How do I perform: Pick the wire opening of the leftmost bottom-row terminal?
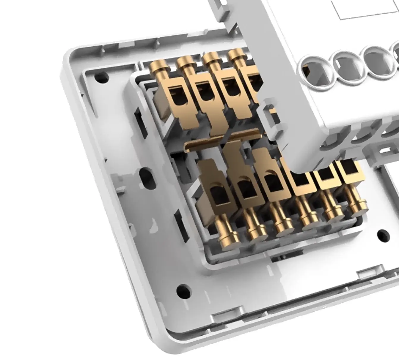[x=218, y=196]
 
